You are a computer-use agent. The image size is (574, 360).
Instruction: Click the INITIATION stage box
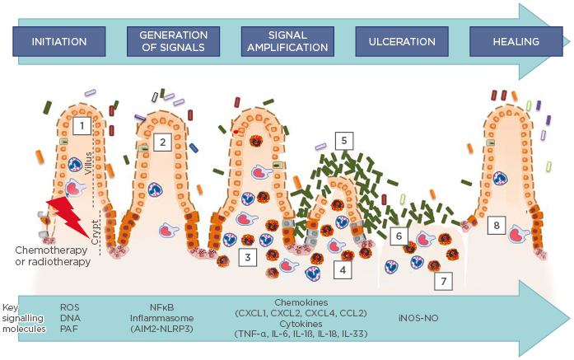coord(60,41)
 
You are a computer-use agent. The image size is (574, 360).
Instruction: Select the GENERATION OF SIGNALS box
coord(174,41)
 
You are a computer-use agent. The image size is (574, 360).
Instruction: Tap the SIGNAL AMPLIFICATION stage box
coord(287,41)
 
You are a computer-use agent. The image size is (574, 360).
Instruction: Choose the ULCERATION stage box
coord(401,41)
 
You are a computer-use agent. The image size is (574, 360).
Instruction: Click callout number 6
coord(399,236)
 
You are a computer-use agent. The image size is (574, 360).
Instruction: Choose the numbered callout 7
coord(444,280)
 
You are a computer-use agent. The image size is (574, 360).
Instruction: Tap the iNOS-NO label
coord(410,316)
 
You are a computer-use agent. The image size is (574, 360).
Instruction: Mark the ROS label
coord(70,306)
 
